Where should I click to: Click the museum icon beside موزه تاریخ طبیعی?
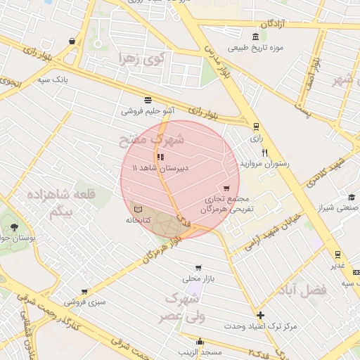tap(255, 37)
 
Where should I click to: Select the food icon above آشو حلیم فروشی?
tap(148, 100)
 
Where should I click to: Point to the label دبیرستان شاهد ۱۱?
tap(155, 168)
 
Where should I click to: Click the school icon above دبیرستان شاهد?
tap(160, 157)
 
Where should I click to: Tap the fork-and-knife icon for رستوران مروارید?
tap(265, 153)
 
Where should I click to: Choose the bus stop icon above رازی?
tap(255, 127)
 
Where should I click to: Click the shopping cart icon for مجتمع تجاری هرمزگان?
tap(226, 188)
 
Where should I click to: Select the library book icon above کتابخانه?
tap(138, 209)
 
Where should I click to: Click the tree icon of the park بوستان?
tap(15, 226)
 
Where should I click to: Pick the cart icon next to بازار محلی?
tap(199, 267)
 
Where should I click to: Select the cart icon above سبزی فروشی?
tap(84, 291)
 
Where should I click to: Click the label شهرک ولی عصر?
tap(181, 307)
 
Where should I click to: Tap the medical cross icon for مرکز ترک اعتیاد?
tap(261, 315)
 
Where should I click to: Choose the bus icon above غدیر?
tap(338, 255)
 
